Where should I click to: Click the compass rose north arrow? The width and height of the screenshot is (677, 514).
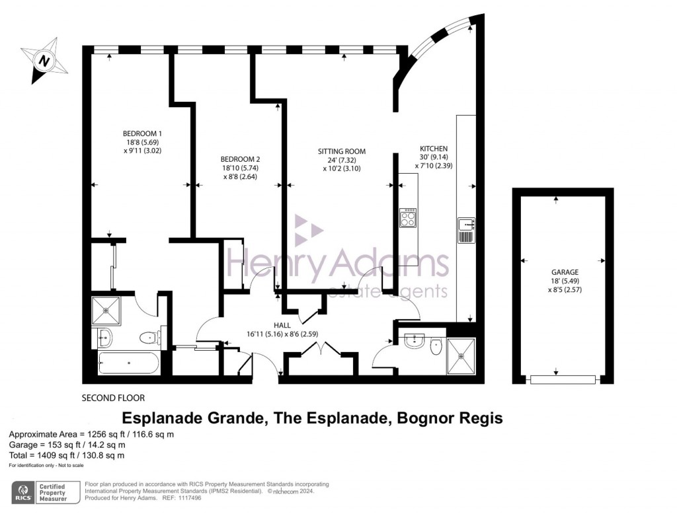[x=44, y=60]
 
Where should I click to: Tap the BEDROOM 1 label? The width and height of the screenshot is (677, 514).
[x=142, y=134]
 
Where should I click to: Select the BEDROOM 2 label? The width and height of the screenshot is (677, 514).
[x=240, y=159]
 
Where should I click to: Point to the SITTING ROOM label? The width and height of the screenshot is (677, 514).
[x=342, y=151]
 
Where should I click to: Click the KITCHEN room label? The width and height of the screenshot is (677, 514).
[x=434, y=149]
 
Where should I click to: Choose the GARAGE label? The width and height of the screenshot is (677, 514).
[x=565, y=272]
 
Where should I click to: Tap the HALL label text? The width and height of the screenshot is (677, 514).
[x=282, y=326]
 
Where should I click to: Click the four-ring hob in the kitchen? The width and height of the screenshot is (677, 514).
[x=408, y=217]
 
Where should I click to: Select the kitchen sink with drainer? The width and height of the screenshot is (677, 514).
[x=466, y=231]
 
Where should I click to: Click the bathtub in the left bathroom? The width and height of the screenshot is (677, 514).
[x=129, y=363]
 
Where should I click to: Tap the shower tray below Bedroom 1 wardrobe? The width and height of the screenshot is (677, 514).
[x=106, y=310]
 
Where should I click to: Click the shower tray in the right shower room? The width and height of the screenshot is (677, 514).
[x=461, y=356]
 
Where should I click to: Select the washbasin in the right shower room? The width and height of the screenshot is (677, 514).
[x=415, y=340]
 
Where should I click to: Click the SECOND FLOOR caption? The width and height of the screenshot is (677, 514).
[x=113, y=398]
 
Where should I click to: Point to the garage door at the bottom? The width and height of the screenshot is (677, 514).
[x=563, y=380]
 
